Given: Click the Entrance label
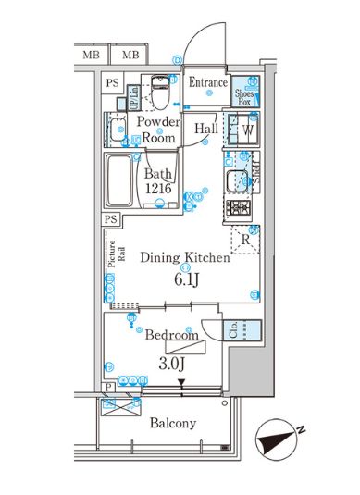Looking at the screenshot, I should (208, 82).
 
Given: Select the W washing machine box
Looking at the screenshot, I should (247, 131).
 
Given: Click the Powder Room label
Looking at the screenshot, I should (157, 130).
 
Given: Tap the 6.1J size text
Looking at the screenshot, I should (179, 278).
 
